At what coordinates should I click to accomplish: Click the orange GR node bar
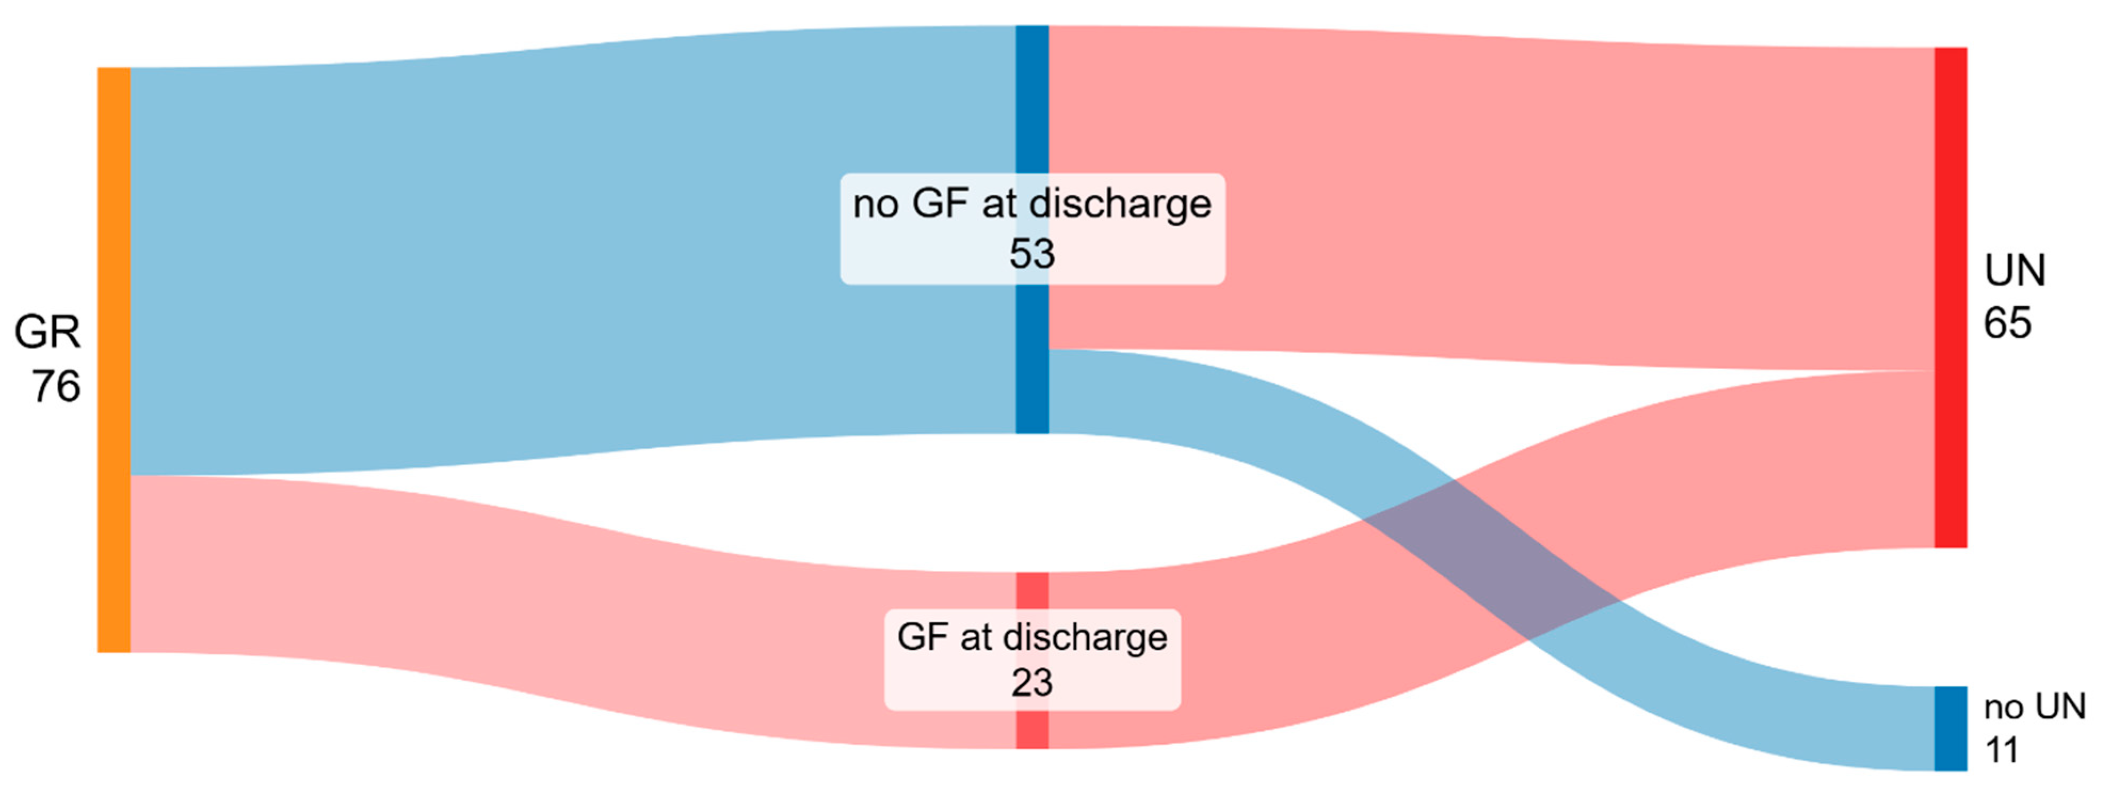point(114,359)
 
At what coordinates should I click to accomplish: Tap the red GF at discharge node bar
point(1032,591)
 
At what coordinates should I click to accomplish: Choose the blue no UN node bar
point(1950,728)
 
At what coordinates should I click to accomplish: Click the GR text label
point(47,332)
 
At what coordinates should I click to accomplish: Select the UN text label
point(2015,270)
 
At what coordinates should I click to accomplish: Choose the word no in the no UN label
point(2002,707)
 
